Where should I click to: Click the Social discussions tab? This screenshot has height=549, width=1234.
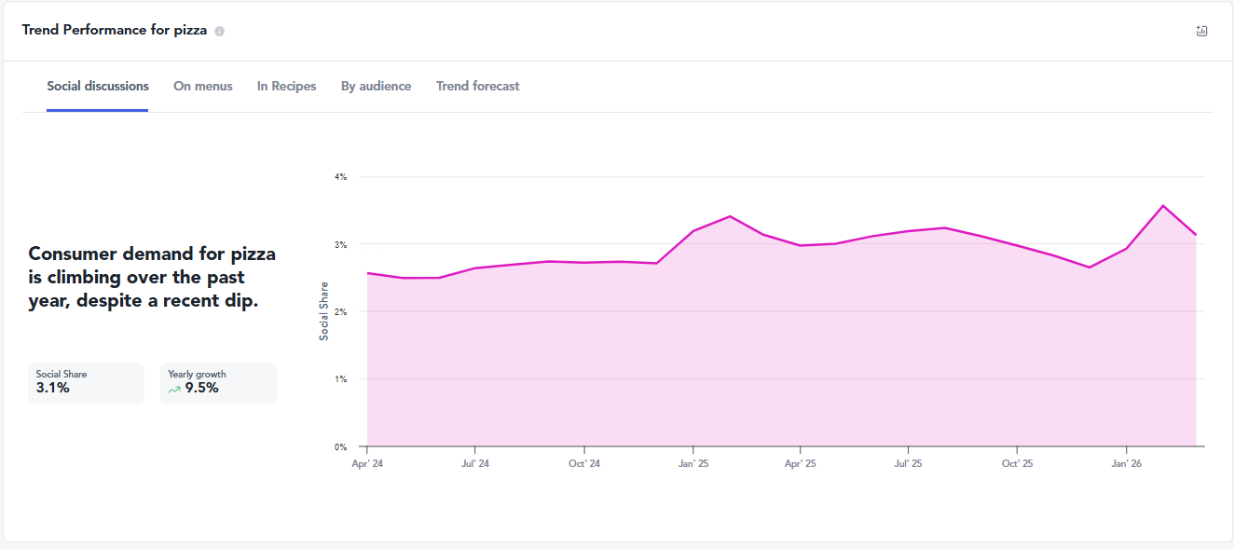click(98, 86)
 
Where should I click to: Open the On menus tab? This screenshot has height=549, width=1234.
click(203, 86)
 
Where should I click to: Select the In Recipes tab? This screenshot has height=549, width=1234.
click(286, 86)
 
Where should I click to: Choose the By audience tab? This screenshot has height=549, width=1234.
click(376, 86)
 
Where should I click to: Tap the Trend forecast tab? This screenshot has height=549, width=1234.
click(477, 86)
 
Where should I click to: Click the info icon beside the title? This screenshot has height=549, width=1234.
click(219, 31)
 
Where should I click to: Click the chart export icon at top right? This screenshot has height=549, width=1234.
click(1201, 31)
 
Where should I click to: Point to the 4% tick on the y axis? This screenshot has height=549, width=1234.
click(340, 177)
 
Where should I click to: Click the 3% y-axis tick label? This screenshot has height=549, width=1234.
click(340, 244)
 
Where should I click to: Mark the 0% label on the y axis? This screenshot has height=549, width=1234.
click(340, 447)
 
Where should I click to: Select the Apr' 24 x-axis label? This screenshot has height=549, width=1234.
click(367, 463)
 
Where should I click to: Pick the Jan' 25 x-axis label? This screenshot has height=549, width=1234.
click(693, 463)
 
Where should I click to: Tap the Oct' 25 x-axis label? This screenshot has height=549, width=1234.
click(1017, 463)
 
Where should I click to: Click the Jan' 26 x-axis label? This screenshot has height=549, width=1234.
click(1127, 463)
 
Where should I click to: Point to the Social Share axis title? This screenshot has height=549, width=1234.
click(324, 311)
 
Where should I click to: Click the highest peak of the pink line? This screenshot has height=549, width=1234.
click(1163, 206)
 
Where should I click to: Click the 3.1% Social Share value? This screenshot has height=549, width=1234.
click(53, 388)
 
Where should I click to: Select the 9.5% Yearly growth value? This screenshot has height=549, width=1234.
click(201, 388)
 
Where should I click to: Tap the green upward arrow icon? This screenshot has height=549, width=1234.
click(174, 390)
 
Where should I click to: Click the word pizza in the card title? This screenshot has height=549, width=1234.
click(191, 31)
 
